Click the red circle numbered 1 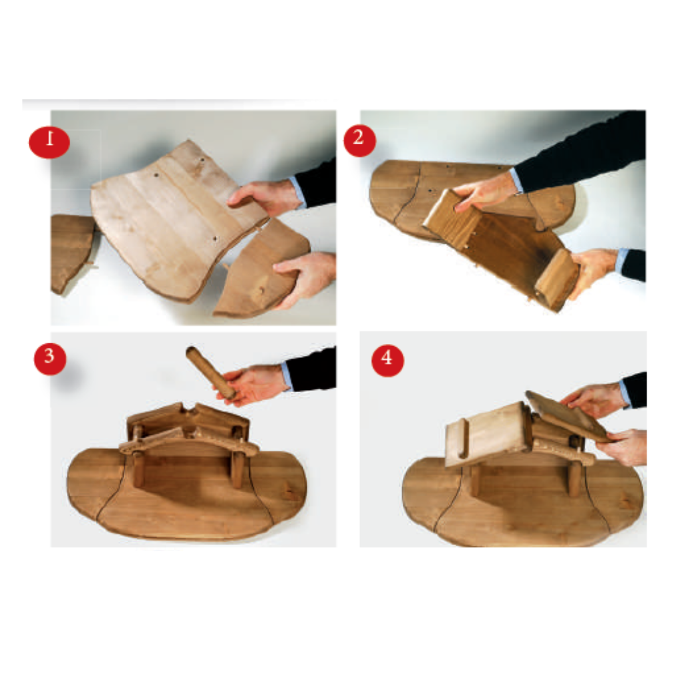tap(49, 142)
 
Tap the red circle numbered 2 tap(359, 140)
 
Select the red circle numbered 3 tap(49, 359)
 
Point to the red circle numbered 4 tap(387, 360)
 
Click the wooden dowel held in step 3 tap(210, 371)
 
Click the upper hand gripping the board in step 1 tap(265, 198)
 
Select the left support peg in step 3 tap(139, 470)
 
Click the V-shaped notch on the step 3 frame tap(188, 409)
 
